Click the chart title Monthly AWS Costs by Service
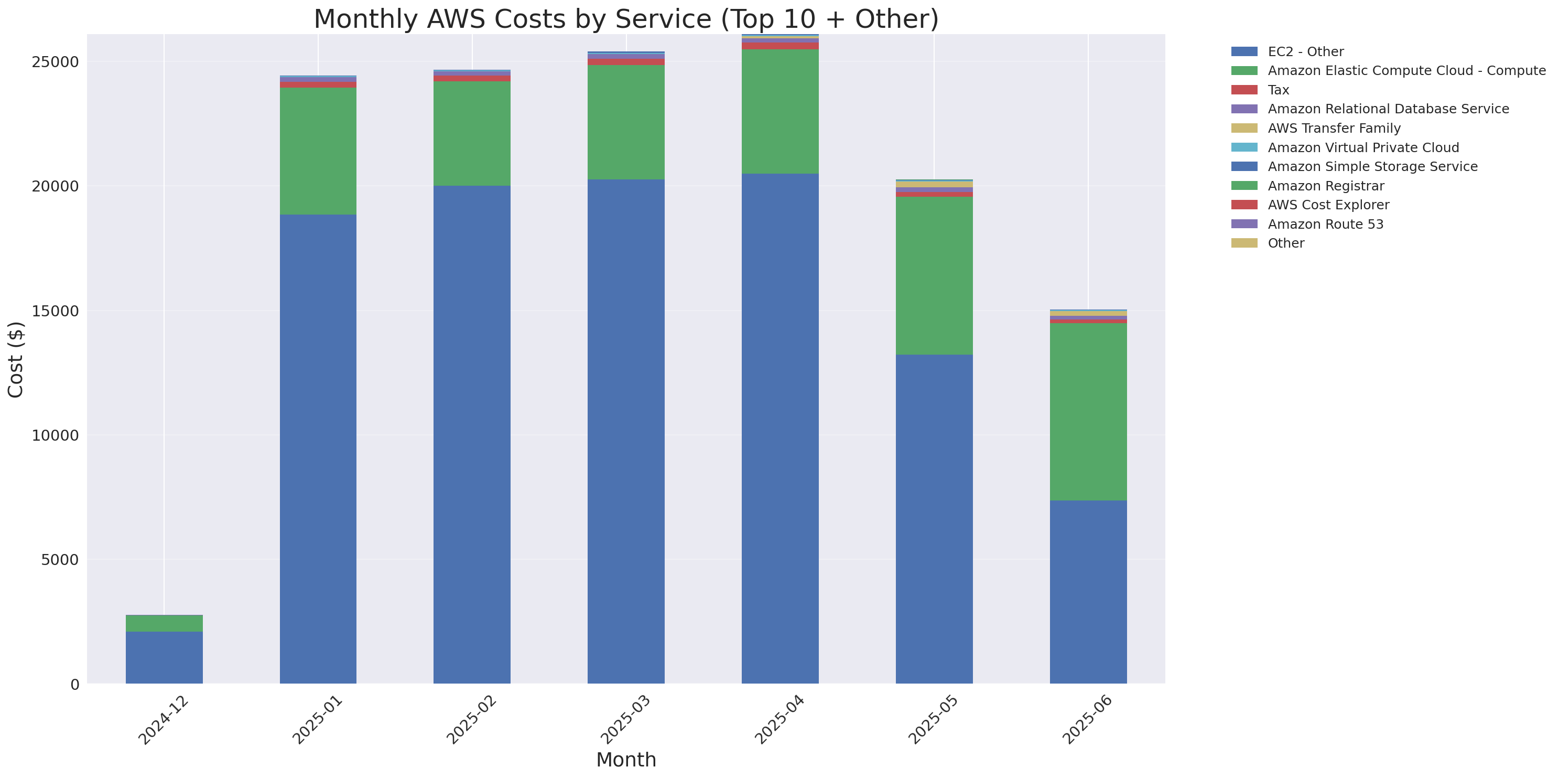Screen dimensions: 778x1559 [626, 19]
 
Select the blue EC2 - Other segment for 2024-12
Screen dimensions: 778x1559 [164, 657]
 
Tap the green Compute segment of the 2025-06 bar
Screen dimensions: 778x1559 [1088, 412]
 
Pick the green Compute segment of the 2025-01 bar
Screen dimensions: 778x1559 [318, 152]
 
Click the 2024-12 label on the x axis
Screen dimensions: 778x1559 [163, 720]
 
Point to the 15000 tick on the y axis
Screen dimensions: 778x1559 [55, 311]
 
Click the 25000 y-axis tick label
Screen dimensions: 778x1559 [55, 62]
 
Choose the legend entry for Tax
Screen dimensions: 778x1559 [1278, 90]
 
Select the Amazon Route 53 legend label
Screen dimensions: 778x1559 [1325, 225]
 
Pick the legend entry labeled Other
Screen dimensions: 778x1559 [1285, 243]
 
